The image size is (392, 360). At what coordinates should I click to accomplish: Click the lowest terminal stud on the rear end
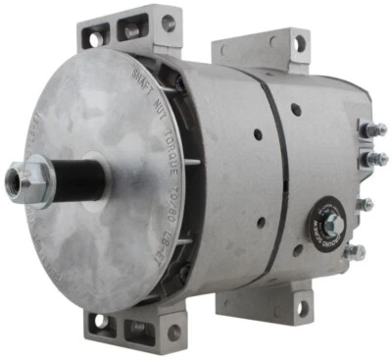[367, 249]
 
